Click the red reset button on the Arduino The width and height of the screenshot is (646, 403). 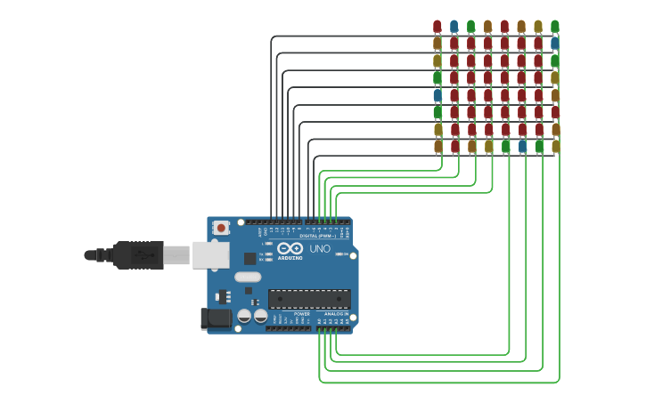[221, 228]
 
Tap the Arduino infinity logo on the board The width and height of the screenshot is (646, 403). [290, 249]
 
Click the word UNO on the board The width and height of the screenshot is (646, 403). [319, 249]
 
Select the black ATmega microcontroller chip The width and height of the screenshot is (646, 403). [309, 299]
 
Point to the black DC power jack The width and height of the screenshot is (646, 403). [215, 318]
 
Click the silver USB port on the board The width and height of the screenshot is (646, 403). [210, 255]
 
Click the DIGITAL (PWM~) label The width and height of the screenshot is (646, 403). [317, 236]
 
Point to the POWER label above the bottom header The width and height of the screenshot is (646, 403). [302, 314]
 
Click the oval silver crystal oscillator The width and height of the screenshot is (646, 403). [248, 277]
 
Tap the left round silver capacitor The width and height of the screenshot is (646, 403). [244, 316]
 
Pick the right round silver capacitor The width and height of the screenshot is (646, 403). [260, 316]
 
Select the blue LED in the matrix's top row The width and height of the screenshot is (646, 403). [454, 27]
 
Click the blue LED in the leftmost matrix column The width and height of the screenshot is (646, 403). [437, 94]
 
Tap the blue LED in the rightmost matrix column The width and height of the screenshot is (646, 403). [555, 43]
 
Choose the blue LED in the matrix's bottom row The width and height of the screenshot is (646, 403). [522, 146]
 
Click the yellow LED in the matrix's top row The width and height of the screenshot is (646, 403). [538, 27]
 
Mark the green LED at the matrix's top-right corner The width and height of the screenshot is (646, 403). [555, 27]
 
